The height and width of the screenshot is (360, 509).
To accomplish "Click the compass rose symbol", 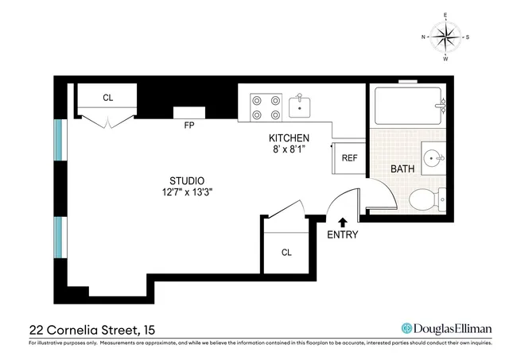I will tap(445, 37).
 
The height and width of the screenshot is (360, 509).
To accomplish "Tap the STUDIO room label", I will tap(187, 180).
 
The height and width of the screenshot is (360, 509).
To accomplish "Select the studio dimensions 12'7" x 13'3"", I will tap(187, 192).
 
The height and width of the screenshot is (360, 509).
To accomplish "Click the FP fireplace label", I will tap(189, 126).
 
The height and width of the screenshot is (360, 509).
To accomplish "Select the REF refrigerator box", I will tap(349, 158).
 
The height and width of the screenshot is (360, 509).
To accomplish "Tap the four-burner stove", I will tap(266, 106).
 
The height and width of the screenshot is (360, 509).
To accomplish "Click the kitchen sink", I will tap(301, 103).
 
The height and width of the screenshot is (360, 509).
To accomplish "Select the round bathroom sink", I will tap(433, 157).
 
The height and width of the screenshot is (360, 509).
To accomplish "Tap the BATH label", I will tap(403, 169).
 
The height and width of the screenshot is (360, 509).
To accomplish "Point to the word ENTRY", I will tap(343, 235).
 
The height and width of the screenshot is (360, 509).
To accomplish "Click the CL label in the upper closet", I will tap(107, 98).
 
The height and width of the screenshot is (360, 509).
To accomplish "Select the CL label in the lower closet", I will tap(286, 253).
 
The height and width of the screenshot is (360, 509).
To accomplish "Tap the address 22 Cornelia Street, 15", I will tap(90, 328).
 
